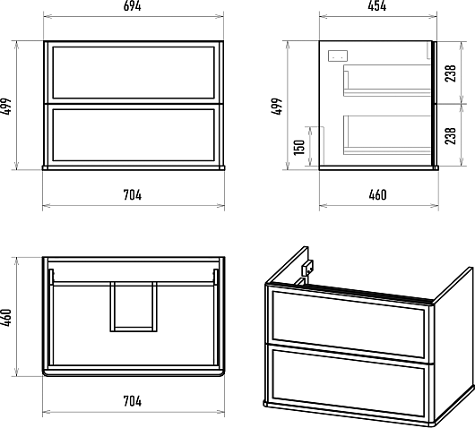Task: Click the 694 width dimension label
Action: tap(133, 6)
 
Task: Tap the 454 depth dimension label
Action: tap(377, 6)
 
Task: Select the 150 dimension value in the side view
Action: tap(299, 147)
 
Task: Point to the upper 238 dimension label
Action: tap(451, 73)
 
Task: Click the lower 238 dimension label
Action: tap(451, 136)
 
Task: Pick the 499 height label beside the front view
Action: tap(6, 106)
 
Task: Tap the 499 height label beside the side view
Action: tap(276, 106)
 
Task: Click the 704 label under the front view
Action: tap(133, 195)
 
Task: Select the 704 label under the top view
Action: tap(133, 401)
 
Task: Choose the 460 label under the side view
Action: tap(377, 195)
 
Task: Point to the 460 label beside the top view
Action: tap(6, 317)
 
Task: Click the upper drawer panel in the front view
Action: tap(134, 73)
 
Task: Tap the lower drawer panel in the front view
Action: tap(134, 135)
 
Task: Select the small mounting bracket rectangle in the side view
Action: tap(338, 56)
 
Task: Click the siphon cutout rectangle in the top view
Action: tap(134, 306)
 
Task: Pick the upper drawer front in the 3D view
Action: tap(349, 323)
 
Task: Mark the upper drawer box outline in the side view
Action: tap(387, 81)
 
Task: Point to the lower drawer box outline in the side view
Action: tap(387, 135)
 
